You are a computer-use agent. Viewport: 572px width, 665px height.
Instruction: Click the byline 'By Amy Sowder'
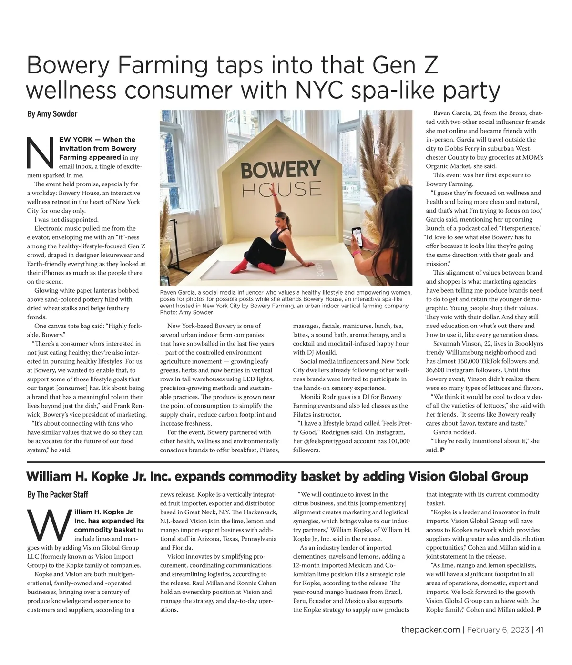tap(52, 114)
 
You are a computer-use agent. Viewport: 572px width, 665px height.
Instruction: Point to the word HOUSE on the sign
tap(281, 189)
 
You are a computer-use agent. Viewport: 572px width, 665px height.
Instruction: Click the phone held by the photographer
tap(356, 235)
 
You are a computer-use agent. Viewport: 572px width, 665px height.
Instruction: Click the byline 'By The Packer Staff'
tap(57, 495)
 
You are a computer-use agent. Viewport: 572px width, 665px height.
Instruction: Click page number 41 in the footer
tap(540, 630)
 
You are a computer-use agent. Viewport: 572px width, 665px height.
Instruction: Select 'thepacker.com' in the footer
tap(430, 630)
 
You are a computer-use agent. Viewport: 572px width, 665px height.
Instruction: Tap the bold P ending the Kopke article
tap(539, 609)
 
